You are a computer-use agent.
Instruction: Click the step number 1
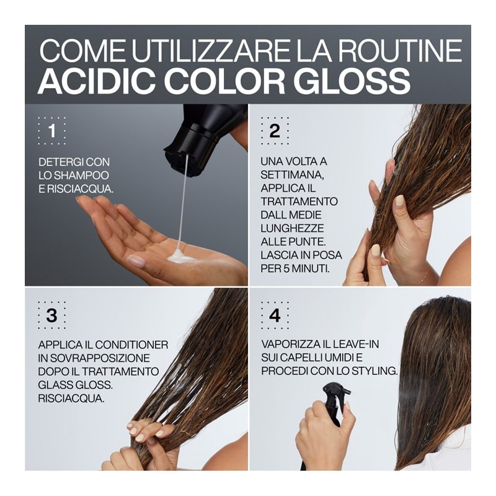[x=52, y=131]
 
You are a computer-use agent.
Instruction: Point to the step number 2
[x=275, y=130]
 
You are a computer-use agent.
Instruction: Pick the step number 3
[x=52, y=315]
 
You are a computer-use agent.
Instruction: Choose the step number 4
[x=275, y=315]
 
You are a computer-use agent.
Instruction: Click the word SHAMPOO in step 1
[x=82, y=175]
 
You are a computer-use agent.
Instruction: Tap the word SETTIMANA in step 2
[x=292, y=175]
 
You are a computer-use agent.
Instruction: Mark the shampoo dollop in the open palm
[x=180, y=255]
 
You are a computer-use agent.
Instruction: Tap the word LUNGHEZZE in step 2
[x=292, y=228]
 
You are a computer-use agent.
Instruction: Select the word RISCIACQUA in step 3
[x=71, y=398]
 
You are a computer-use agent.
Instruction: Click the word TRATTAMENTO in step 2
[x=299, y=201]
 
